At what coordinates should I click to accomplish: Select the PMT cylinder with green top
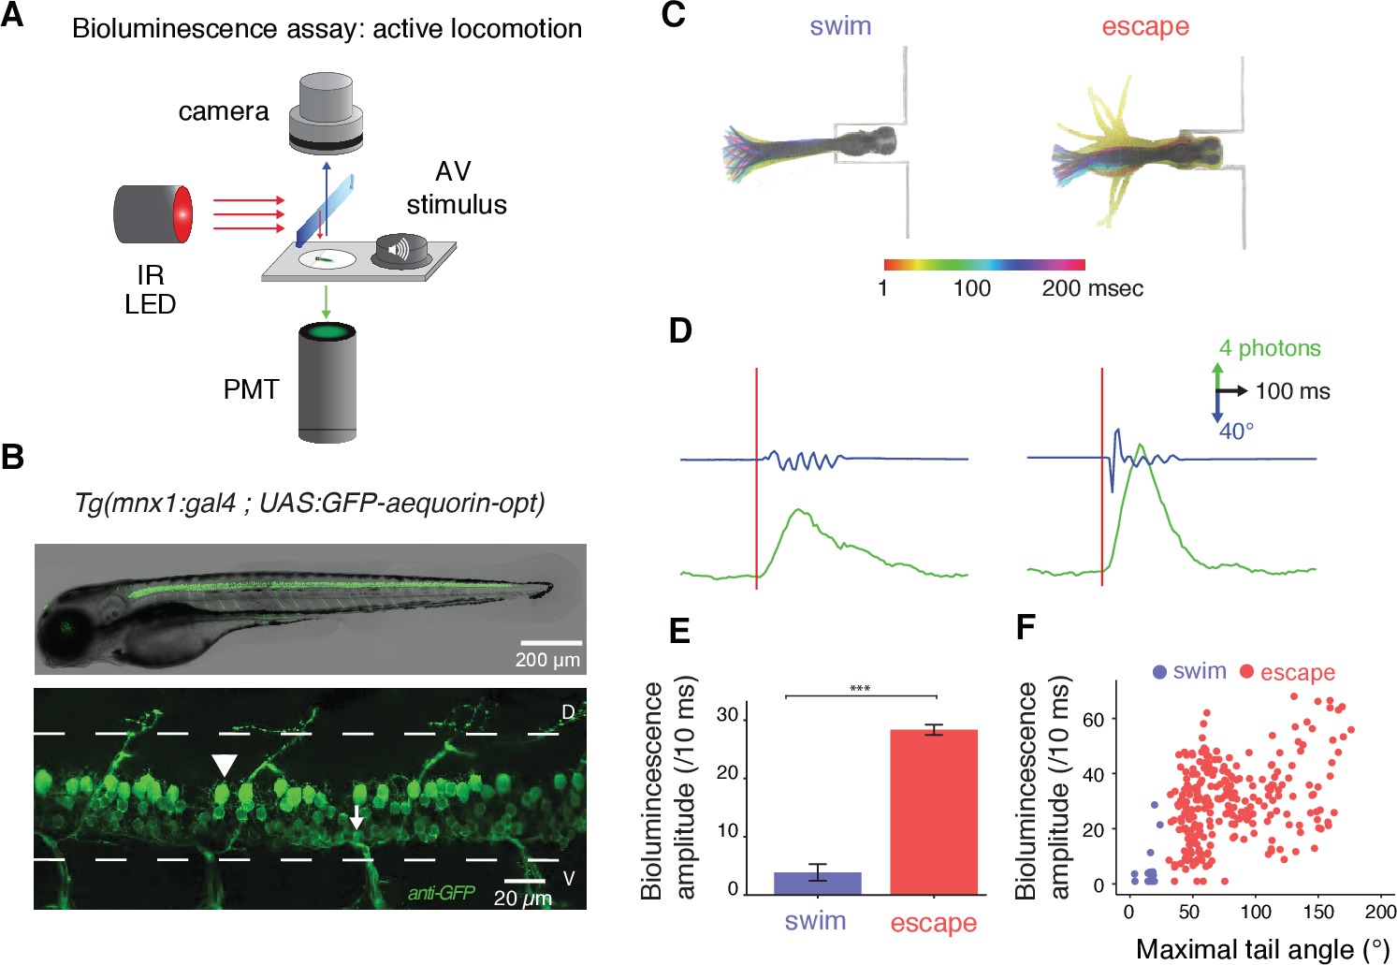(x=327, y=382)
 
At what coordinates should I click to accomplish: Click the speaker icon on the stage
(x=400, y=251)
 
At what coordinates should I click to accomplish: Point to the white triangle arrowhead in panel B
(x=224, y=766)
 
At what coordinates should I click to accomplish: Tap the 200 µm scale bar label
(x=547, y=660)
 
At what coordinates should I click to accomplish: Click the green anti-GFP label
(x=441, y=893)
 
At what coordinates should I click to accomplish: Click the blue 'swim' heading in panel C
(x=840, y=26)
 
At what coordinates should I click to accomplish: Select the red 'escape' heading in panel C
(x=1144, y=26)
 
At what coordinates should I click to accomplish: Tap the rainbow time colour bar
(x=983, y=265)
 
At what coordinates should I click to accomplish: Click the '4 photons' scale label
(x=1270, y=348)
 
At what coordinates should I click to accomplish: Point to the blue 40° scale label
(x=1236, y=431)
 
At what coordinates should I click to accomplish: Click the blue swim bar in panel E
(x=817, y=883)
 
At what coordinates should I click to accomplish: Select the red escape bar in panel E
(x=934, y=811)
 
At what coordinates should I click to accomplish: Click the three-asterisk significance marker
(x=860, y=690)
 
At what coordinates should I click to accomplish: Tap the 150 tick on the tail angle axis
(x=1317, y=912)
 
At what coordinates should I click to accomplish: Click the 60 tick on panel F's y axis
(x=1093, y=719)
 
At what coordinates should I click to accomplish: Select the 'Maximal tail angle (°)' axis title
(x=1262, y=950)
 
